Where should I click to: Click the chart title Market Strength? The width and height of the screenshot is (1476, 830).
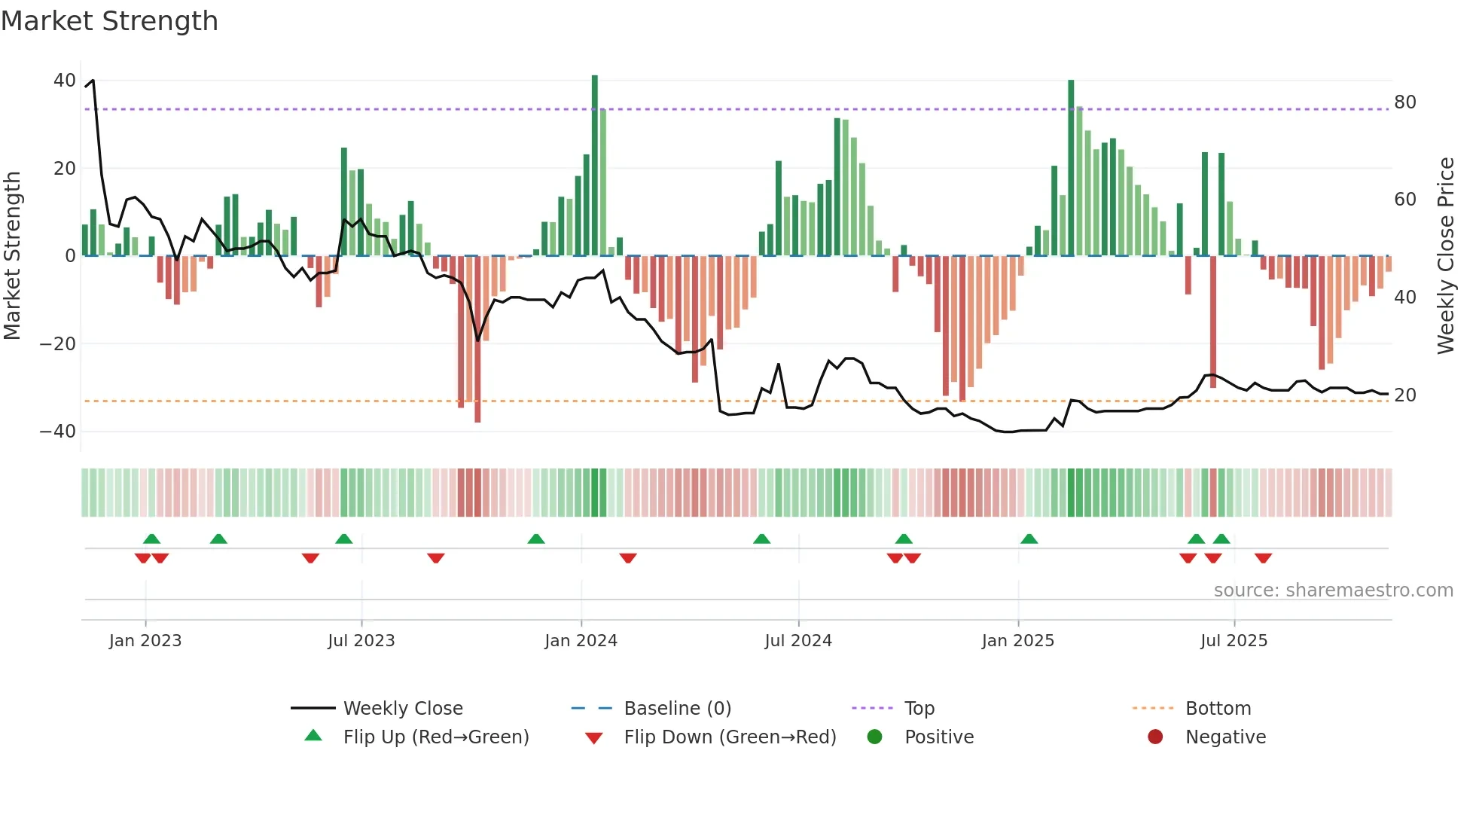tap(110, 21)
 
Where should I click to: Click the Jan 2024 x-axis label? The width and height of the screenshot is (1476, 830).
tap(581, 641)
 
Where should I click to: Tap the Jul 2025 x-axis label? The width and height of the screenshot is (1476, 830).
tap(1234, 641)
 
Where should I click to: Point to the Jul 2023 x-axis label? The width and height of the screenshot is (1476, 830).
tap(361, 641)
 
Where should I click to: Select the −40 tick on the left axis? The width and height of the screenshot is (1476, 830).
tap(57, 432)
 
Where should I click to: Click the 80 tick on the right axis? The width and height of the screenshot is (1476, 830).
tap(1404, 102)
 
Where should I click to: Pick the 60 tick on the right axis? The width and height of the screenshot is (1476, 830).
tap(1404, 200)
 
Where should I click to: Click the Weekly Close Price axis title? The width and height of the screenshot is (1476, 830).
tap(1445, 256)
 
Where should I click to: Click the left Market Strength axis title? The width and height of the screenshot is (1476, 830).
tap(12, 256)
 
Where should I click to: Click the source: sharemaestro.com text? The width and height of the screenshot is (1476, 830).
tap(1333, 590)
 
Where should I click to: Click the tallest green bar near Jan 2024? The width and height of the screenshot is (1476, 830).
tap(595, 166)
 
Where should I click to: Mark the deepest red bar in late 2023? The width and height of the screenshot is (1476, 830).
tap(477, 339)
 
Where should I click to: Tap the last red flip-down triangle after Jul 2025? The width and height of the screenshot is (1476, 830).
tap(1263, 558)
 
